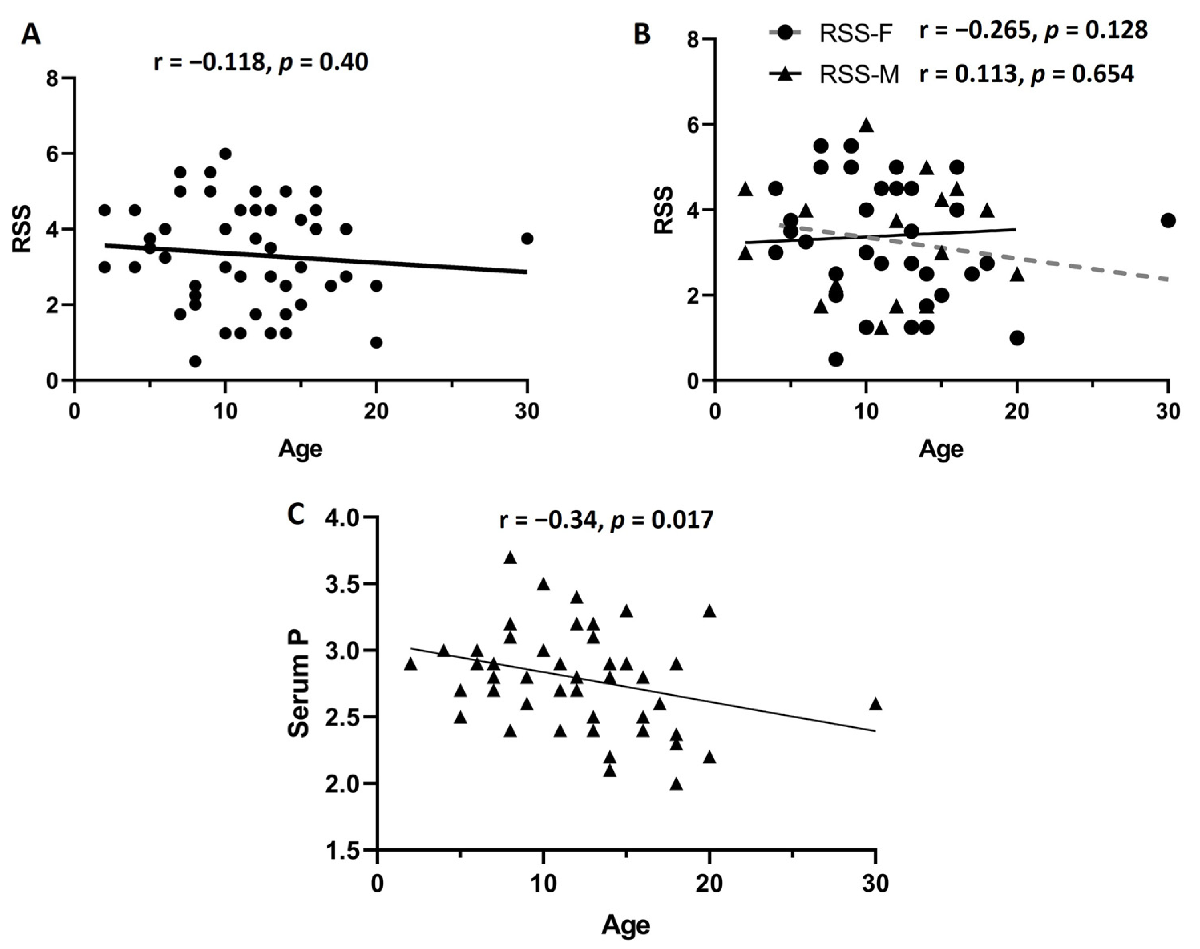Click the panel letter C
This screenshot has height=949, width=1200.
point(295,515)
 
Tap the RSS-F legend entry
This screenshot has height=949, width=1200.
point(855,34)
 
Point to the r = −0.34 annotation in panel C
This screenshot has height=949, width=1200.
point(550,520)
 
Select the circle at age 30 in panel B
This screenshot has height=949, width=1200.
point(1168,221)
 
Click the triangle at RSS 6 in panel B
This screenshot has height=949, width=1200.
point(866,126)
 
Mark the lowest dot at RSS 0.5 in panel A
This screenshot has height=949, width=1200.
point(195,361)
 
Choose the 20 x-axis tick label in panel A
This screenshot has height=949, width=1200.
point(376,412)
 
